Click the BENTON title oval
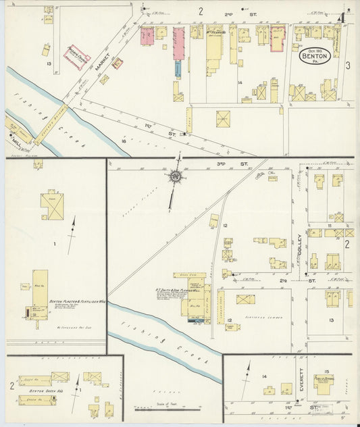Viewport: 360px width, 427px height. [x=315, y=55]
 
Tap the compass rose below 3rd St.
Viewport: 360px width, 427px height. [x=176, y=176]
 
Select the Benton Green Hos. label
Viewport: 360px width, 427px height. [x=43, y=391]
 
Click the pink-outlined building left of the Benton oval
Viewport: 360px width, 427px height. [x=277, y=40]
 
